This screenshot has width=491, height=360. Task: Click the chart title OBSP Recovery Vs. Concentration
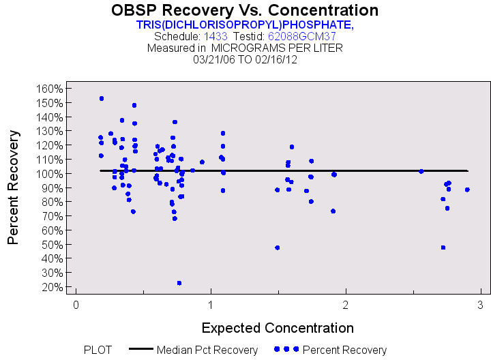245,10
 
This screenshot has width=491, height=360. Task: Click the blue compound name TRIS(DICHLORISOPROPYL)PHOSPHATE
245,25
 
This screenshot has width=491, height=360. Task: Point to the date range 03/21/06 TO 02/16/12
245,59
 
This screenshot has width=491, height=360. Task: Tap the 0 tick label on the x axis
76,304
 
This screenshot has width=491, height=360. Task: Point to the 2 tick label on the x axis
346,304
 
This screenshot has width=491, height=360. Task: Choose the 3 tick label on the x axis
480,304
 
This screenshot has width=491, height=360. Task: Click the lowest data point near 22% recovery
179,283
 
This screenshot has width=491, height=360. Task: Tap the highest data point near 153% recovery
102,98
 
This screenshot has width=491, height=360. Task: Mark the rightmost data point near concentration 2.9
467,190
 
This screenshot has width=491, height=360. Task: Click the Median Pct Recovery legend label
207,350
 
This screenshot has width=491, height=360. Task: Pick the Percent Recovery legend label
344,350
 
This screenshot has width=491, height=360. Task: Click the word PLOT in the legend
98,350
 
